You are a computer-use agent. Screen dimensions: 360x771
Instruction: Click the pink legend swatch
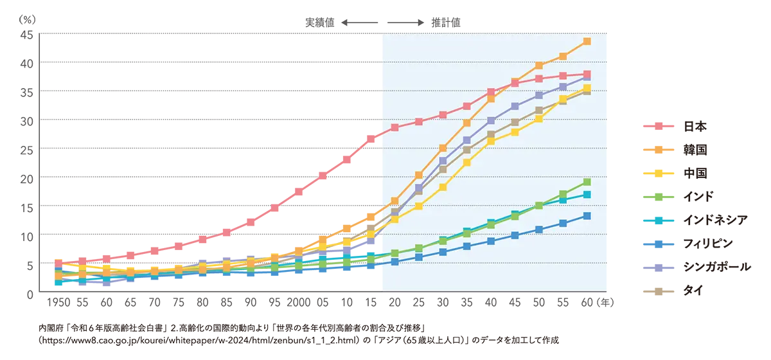pos(662,126)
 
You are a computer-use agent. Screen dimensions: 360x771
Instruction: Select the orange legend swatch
pos(662,149)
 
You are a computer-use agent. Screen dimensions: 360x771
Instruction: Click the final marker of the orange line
pos(587,41)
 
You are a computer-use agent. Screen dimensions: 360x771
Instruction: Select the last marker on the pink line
pos(587,74)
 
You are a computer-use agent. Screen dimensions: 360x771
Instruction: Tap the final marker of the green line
pos(587,182)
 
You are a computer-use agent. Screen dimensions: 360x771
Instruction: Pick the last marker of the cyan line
pos(587,194)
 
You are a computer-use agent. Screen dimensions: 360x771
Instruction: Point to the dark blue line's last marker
pos(587,216)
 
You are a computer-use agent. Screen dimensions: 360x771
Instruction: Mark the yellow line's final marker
pos(587,88)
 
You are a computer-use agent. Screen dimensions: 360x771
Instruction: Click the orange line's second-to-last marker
pos(563,57)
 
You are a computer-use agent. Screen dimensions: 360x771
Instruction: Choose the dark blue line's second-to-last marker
pos(563,223)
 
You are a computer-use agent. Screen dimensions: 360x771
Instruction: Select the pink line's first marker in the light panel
pos(394,127)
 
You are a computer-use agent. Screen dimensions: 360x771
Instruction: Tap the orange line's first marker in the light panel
pos(394,201)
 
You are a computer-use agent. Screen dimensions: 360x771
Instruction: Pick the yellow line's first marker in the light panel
pos(394,219)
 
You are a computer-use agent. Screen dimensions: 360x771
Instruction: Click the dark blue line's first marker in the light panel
pos(394,262)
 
